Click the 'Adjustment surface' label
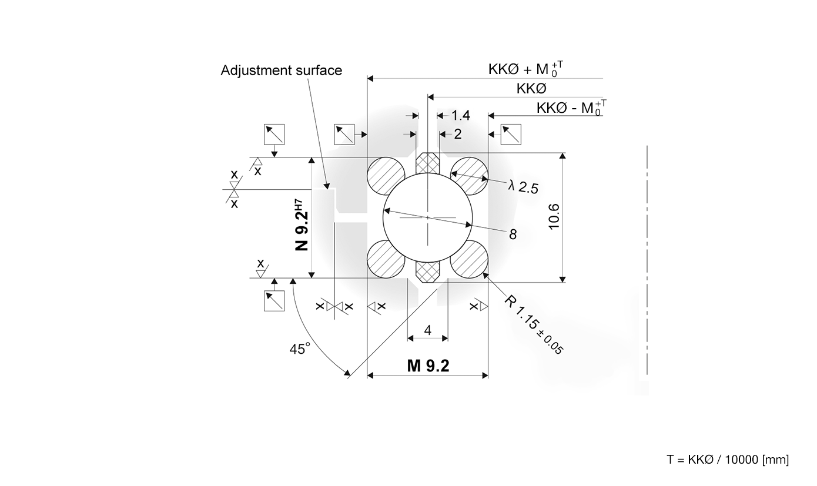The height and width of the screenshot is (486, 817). pyautogui.click(x=281, y=71)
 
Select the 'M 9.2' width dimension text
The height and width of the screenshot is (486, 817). pyautogui.click(x=428, y=366)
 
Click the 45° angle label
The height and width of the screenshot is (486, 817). pyautogui.click(x=299, y=349)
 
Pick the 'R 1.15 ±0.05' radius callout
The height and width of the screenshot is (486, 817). pyautogui.click(x=534, y=325)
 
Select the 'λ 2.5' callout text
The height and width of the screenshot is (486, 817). pyautogui.click(x=523, y=187)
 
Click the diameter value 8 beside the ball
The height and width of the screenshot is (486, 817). pyautogui.click(x=513, y=234)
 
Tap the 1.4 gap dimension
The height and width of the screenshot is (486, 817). pyautogui.click(x=460, y=116)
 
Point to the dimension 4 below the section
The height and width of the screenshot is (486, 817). pyautogui.click(x=427, y=330)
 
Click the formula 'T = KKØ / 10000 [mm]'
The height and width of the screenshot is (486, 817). pyautogui.click(x=728, y=460)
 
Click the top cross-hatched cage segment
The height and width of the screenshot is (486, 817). pyautogui.click(x=428, y=163)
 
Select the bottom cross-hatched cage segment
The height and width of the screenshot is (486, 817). pyautogui.click(x=428, y=270)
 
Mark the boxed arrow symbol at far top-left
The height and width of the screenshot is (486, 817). pyautogui.click(x=274, y=135)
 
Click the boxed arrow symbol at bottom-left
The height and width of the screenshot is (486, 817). pyautogui.click(x=274, y=300)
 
